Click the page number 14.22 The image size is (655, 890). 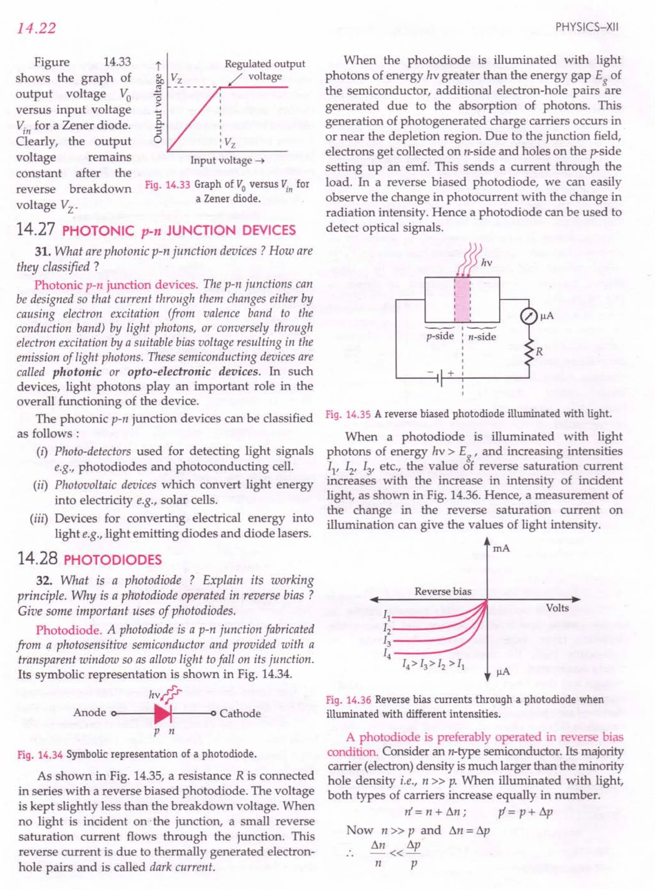coord(36,28)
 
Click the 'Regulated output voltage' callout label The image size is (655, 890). coord(264,69)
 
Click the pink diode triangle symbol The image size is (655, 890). coord(162,713)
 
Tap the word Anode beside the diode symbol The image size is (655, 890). coord(90,713)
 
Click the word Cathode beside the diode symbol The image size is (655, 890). coord(240,713)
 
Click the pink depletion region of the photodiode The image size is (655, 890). coord(462,299)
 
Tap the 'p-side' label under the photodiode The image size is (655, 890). coord(440,336)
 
